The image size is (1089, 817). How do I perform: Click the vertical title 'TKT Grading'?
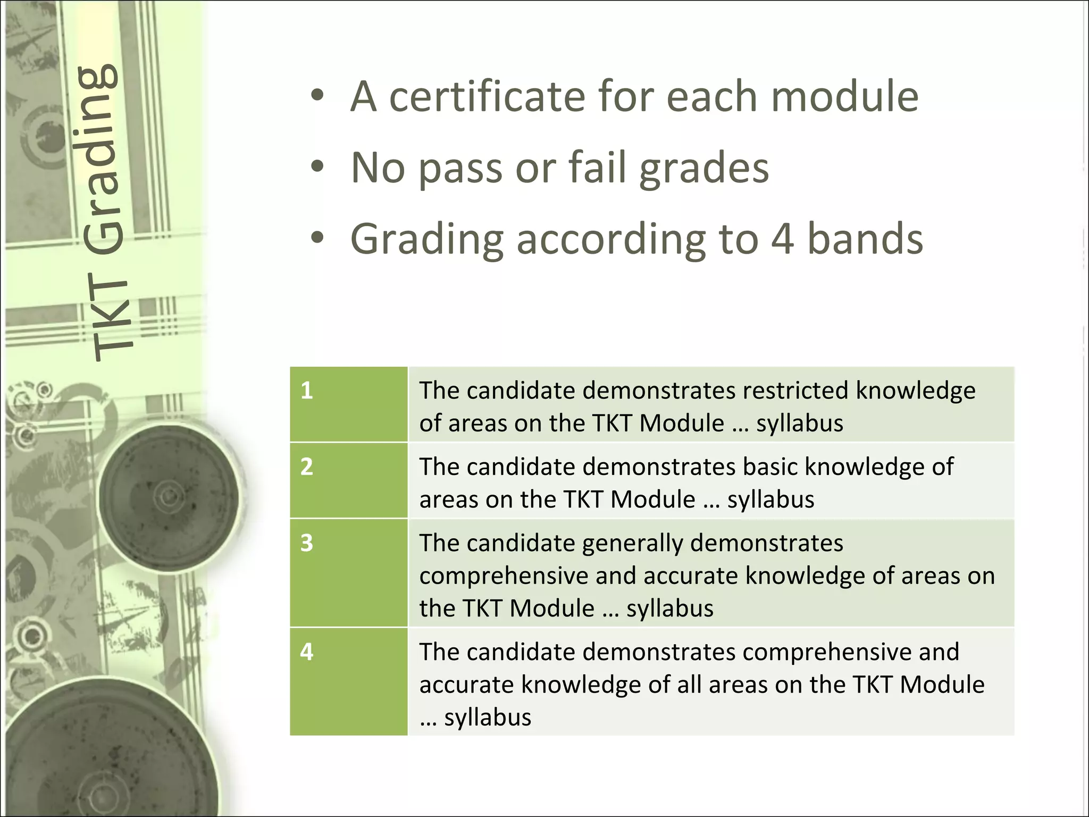[104, 213]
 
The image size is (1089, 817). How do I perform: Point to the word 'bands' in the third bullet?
[865, 239]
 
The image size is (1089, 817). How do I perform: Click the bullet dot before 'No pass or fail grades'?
[317, 168]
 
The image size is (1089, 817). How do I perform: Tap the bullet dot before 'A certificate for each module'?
[317, 97]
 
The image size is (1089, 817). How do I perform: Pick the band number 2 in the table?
[307, 467]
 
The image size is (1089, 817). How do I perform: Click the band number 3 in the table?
[307, 543]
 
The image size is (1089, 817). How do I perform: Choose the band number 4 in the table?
[307, 652]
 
